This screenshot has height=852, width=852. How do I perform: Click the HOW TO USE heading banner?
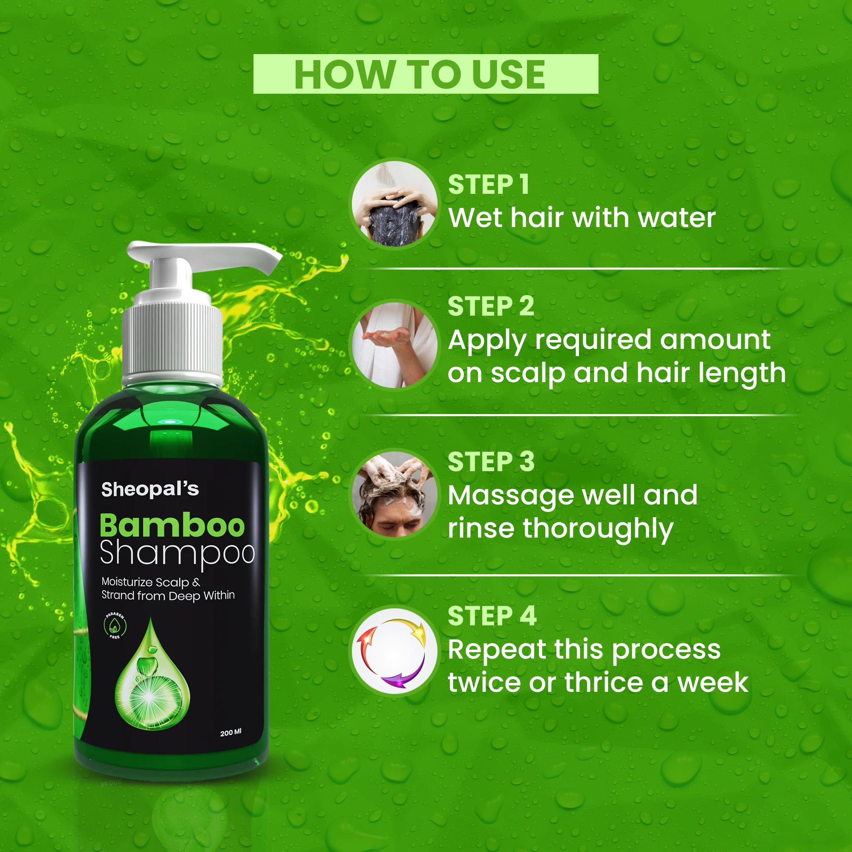(x=426, y=74)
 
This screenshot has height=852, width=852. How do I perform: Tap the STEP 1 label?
(x=488, y=184)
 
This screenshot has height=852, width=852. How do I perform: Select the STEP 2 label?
(x=490, y=306)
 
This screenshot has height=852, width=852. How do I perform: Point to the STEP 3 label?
(x=491, y=461)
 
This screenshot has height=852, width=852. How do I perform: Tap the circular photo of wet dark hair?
(x=394, y=204)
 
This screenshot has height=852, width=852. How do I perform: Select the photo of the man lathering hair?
(x=394, y=494)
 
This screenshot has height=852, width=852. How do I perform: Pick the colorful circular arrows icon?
(x=394, y=652)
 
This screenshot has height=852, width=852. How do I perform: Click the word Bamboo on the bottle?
(x=172, y=526)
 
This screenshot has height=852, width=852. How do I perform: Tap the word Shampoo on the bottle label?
(x=177, y=553)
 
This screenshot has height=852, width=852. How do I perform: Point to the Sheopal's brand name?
(x=150, y=489)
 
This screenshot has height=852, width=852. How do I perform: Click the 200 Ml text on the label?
(x=230, y=732)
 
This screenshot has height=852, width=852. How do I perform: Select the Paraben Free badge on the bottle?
(x=115, y=626)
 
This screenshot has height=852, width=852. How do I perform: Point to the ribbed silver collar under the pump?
(x=172, y=340)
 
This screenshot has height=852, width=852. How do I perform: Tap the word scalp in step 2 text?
(x=528, y=373)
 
